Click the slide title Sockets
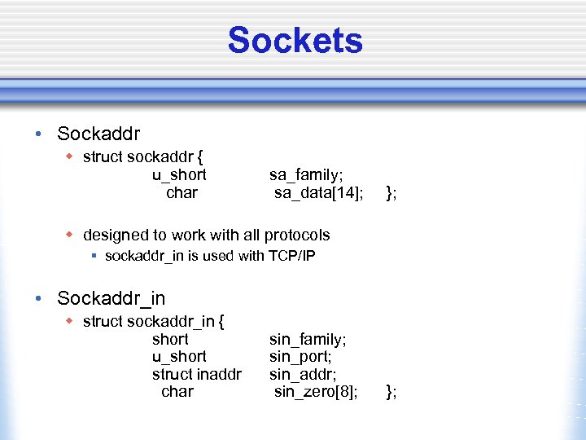coord(295,40)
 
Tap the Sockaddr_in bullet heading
coord(111,299)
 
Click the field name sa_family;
coord(307,175)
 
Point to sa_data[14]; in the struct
coord(318,193)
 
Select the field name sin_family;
coord(308,339)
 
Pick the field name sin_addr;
coord(300,374)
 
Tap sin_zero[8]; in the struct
coord(316,392)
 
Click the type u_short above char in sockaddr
coord(179,175)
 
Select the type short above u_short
coord(170,339)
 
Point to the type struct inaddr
coord(196,374)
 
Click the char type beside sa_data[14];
coord(181,193)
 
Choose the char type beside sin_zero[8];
coord(177,392)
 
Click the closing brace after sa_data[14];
coord(391,193)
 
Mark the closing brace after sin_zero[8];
coord(391,392)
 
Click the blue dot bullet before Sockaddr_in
coord(39,299)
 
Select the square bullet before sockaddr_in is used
coord(94,256)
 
